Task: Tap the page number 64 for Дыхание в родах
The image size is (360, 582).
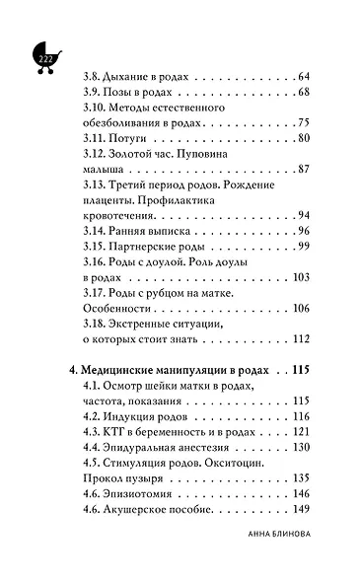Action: [303, 77]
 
